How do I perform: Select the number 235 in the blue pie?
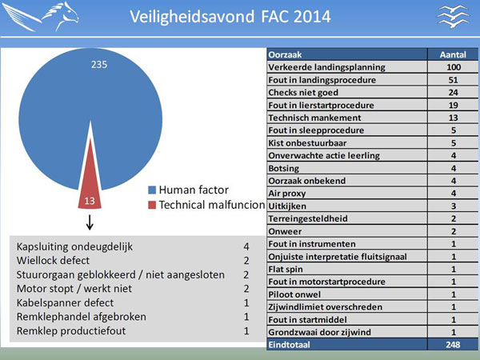pos(99,65)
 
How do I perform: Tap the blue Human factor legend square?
pos(152,190)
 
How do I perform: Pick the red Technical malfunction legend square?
pos(152,205)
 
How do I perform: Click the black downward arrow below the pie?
pos(90,222)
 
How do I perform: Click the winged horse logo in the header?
pos(42,16)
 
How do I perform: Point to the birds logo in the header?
pos(454,16)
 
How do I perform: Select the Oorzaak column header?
pos(285,54)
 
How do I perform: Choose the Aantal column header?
pos(453,54)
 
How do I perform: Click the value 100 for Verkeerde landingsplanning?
pos(454,67)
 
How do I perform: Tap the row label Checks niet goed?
pos(303,93)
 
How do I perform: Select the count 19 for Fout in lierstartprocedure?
pos(454,105)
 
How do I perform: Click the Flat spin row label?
pos(286,269)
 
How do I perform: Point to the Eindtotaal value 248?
pos(453,345)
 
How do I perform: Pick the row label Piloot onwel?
pos(294,294)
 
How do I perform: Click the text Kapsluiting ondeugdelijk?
pos(74,246)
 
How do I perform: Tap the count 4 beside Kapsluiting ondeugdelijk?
pos(246,246)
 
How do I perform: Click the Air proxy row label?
pos(287,194)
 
